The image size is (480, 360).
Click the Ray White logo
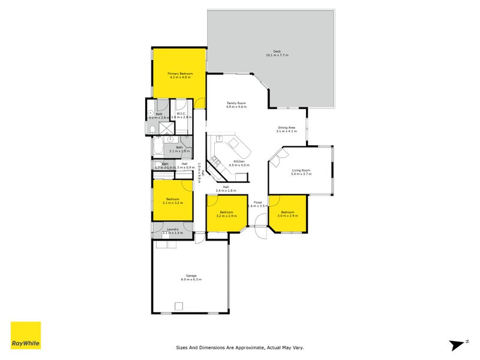pyautogui.click(x=26, y=335)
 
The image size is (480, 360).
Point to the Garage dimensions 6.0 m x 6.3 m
pyautogui.click(x=191, y=280)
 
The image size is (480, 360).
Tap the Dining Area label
pyautogui.click(x=286, y=128)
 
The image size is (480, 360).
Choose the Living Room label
pyautogui.click(x=301, y=171)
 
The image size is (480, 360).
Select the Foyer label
pyautogui.click(x=257, y=203)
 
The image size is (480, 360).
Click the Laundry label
pyautogui.click(x=173, y=230)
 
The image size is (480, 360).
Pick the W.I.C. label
pyautogui.click(x=180, y=114)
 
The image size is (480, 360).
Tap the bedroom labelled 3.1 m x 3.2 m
pyautogui.click(x=173, y=200)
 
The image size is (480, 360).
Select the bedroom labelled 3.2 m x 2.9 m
pyautogui.click(x=226, y=214)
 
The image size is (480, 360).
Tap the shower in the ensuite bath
pyautogui.click(x=164, y=127)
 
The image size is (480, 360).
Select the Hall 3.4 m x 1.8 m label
pyautogui.click(x=226, y=188)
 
